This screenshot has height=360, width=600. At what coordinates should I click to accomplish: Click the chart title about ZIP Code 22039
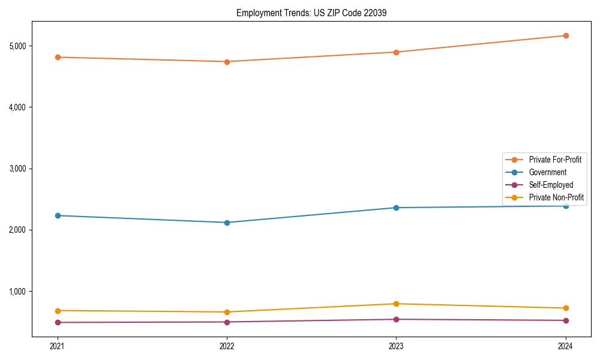[311, 13]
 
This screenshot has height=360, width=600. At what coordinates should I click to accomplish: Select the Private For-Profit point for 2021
[58, 57]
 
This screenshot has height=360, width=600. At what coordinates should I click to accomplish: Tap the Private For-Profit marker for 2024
[566, 35]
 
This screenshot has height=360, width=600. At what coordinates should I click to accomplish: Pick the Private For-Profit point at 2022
[227, 61]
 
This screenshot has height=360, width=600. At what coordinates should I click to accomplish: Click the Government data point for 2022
[227, 223]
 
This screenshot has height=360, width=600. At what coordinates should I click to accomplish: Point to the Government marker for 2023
[396, 208]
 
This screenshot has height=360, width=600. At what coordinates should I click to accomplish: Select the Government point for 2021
[58, 215]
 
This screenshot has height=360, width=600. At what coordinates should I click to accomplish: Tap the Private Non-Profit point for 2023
[396, 304]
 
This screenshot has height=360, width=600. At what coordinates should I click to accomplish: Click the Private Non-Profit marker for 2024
[566, 308]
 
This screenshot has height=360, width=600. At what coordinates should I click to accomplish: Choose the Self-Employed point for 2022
[227, 322]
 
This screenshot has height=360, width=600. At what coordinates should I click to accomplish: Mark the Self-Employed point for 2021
[58, 322]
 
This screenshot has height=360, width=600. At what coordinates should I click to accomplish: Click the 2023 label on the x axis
[396, 346]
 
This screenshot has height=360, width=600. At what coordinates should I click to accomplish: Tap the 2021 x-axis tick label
[58, 346]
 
